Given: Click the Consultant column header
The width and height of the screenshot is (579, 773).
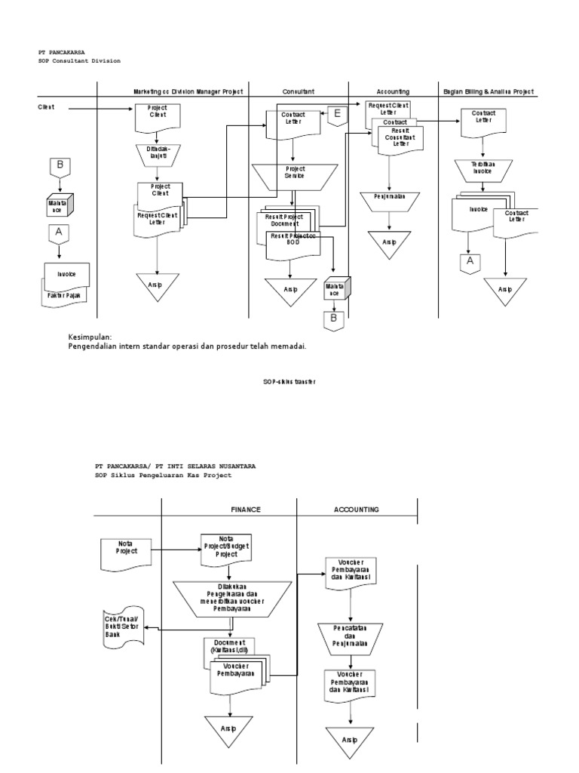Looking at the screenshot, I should [299, 91].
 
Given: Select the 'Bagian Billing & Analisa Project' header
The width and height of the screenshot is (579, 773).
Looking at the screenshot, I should [488, 91].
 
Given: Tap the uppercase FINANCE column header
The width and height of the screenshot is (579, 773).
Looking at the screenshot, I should [245, 510].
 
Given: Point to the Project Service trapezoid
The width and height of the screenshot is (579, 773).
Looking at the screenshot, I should [294, 173].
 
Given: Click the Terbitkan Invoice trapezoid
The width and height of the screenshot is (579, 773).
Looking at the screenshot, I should [482, 168].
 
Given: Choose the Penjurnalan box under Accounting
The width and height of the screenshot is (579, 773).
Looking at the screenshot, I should [388, 197].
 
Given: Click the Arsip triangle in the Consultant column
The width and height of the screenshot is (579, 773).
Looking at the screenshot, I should [289, 291].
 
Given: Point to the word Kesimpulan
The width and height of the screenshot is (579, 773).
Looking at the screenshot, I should [90, 337].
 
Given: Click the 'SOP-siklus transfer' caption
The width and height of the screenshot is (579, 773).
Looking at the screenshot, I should [289, 382].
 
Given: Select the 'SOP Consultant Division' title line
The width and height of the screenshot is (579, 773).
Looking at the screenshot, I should [79, 60].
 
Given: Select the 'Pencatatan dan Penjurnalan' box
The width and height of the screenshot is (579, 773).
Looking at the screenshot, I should [348, 636].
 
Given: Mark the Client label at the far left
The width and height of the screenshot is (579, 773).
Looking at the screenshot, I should [47, 108].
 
